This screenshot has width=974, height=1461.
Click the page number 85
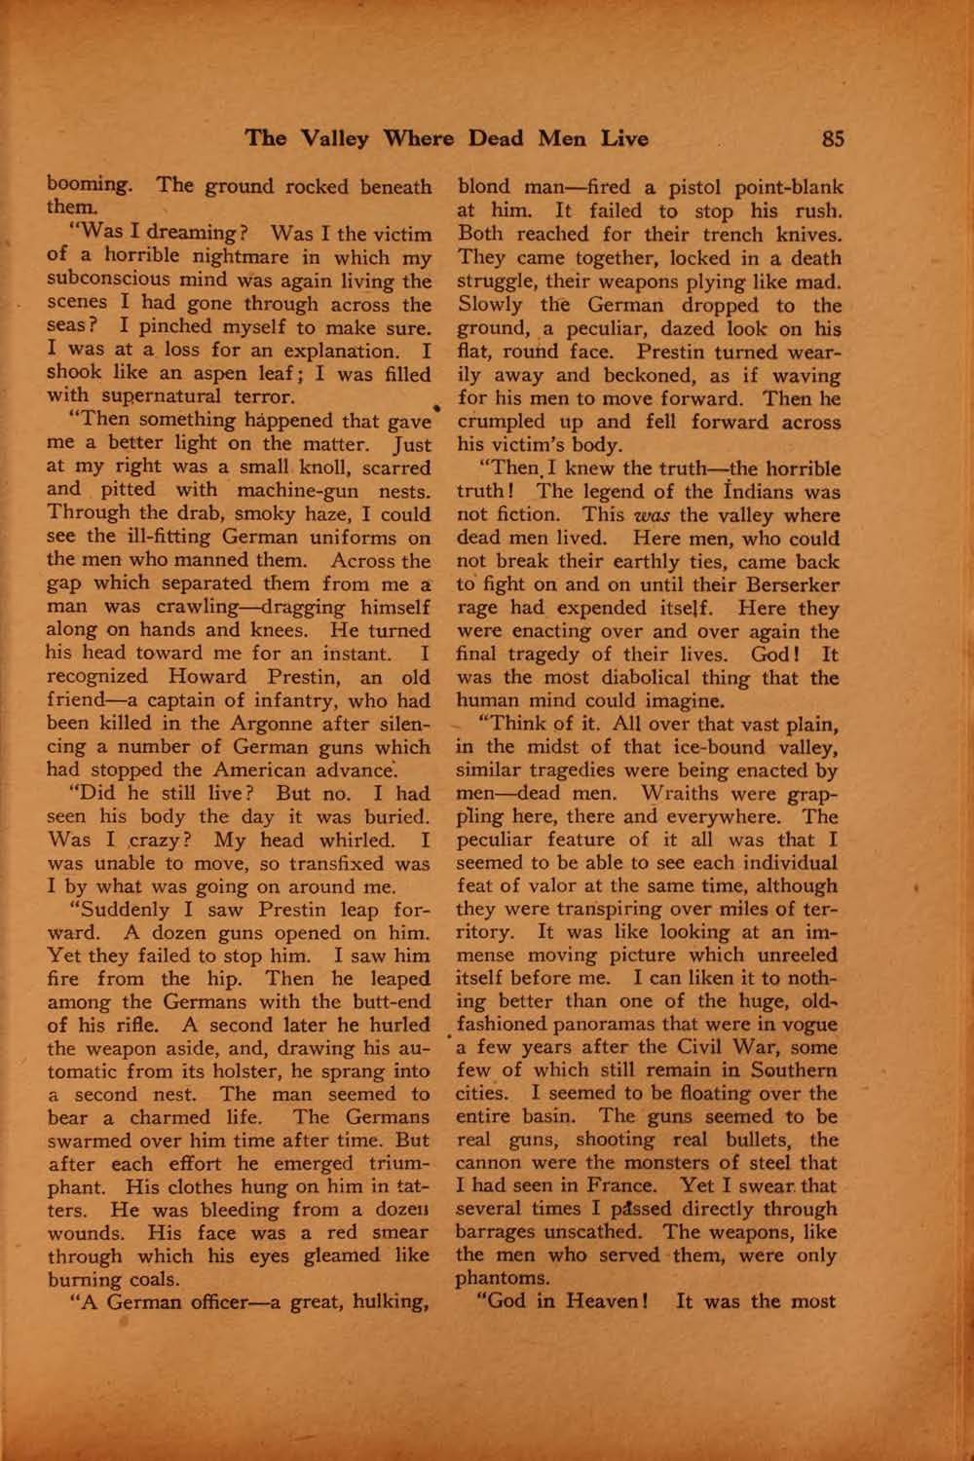(x=832, y=138)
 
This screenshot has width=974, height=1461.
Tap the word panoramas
(x=642, y=1025)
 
